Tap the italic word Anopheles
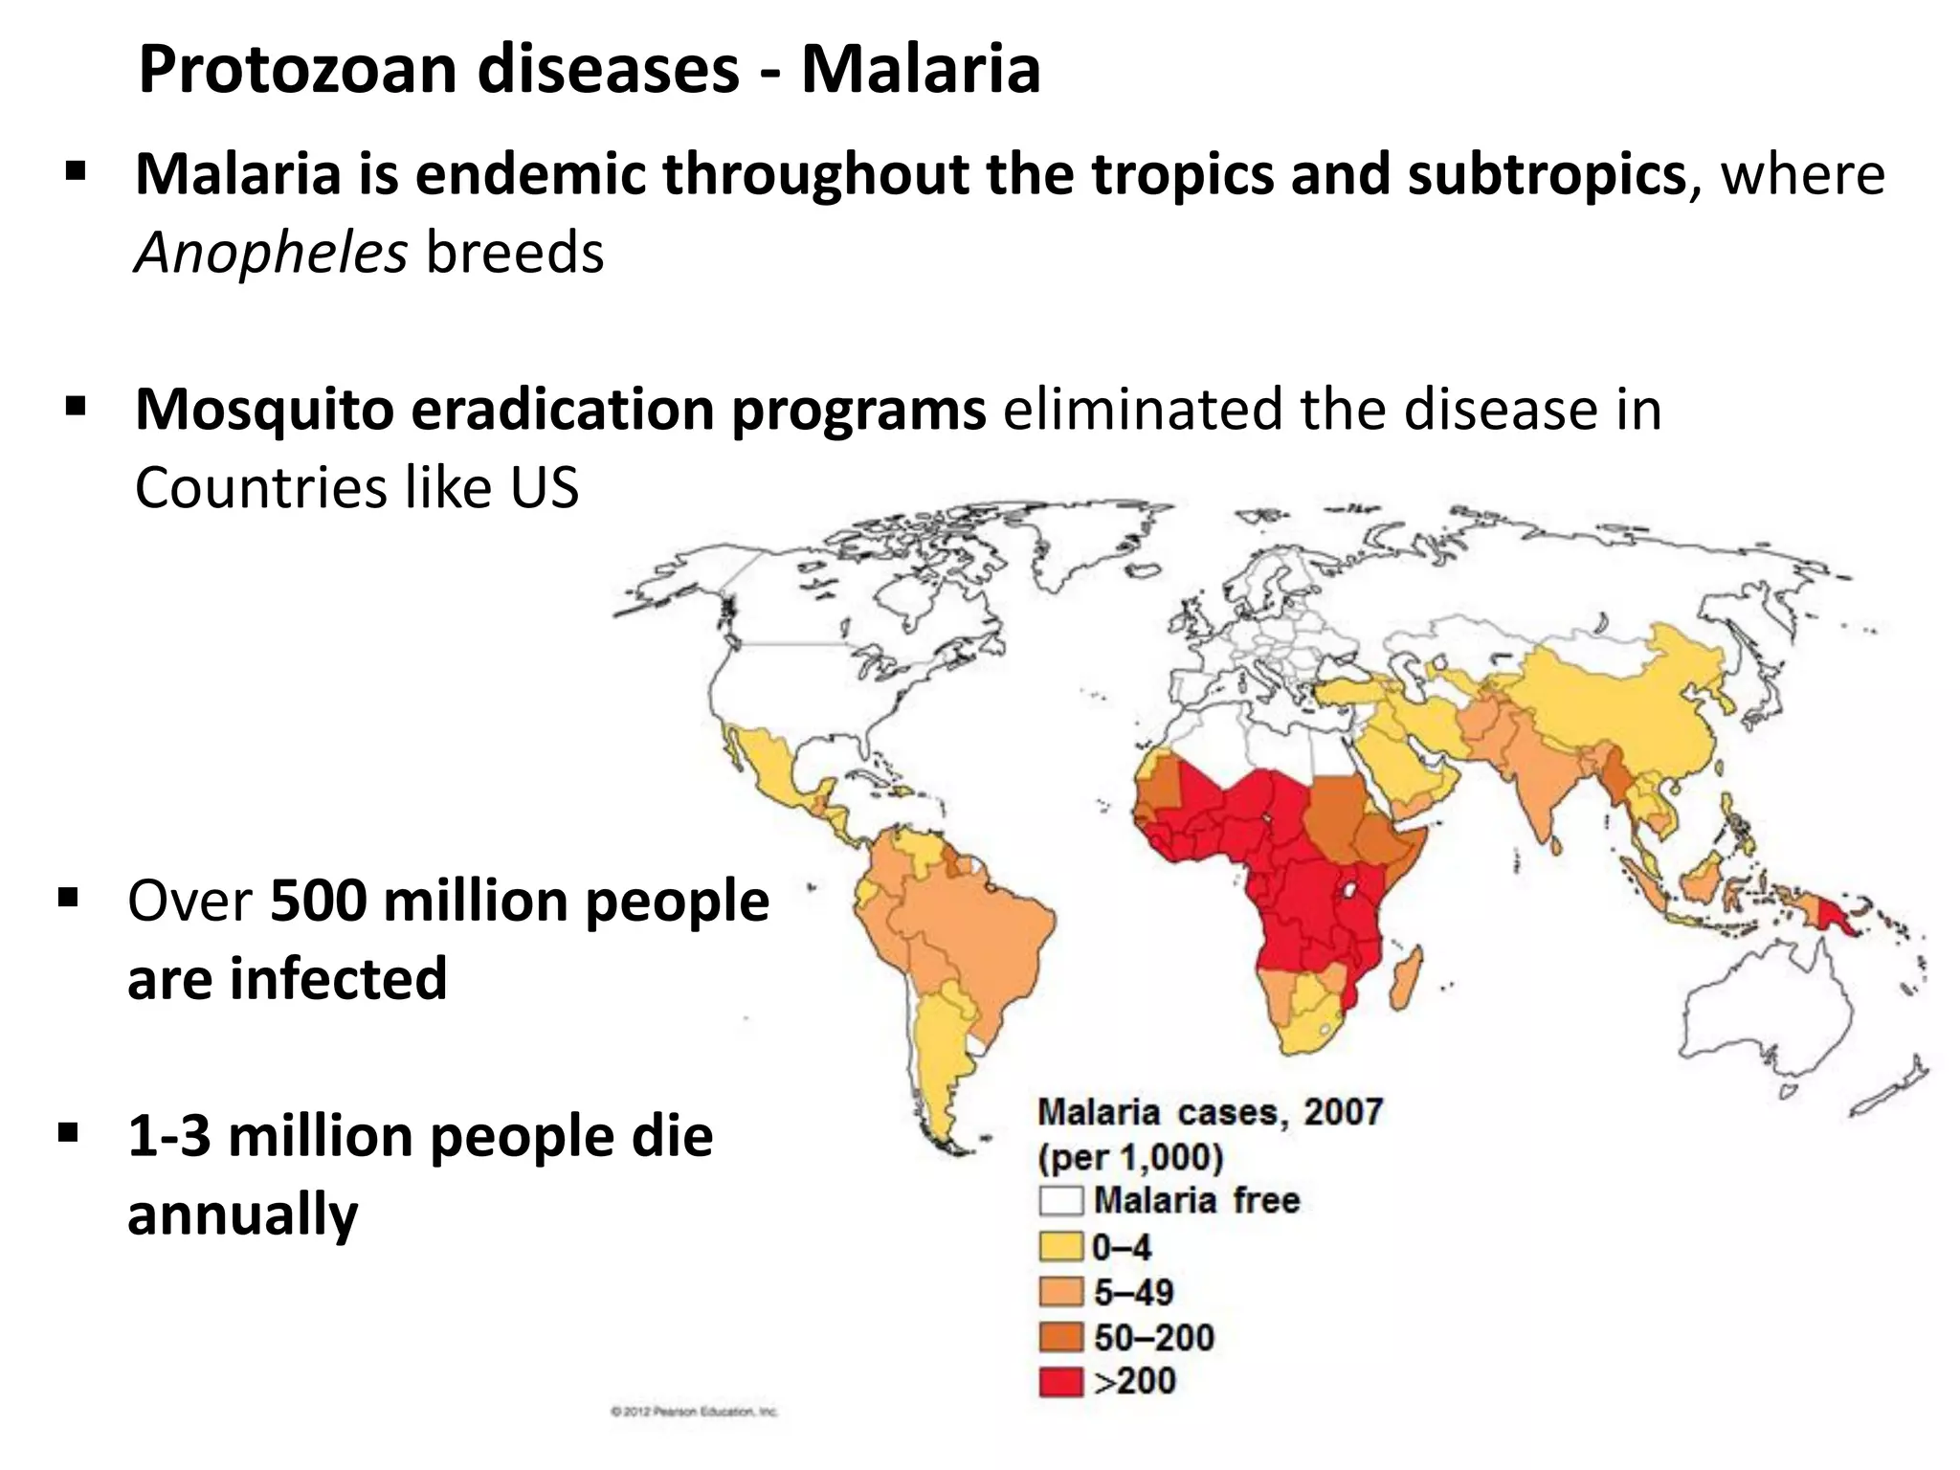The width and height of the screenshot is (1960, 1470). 271,254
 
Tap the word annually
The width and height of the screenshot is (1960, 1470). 242,1215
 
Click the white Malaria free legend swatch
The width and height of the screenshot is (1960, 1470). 1060,1200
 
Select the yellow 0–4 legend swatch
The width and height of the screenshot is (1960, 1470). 1060,1246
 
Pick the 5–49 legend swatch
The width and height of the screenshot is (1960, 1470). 1060,1292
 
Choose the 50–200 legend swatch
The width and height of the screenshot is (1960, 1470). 1060,1337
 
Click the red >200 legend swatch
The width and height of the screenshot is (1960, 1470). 1060,1382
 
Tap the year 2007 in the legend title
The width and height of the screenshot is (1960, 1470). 1343,1112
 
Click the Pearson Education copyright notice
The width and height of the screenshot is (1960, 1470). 694,1412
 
